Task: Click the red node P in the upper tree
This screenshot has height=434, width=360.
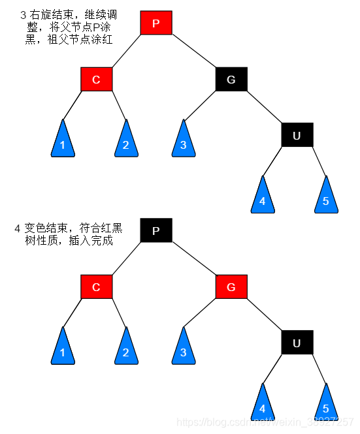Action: (156, 23)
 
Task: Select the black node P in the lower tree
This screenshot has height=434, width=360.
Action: (156, 230)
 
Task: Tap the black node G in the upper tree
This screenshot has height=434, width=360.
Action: (231, 80)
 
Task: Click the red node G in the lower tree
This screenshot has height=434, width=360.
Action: (231, 287)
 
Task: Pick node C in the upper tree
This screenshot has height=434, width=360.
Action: (97, 80)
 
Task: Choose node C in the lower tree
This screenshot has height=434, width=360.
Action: (97, 287)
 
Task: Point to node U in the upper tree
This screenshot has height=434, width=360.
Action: (297, 135)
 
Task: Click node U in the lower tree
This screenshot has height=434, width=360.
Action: (297, 343)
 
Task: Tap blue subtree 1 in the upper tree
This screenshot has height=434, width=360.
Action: (63, 142)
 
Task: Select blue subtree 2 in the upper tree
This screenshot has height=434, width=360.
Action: (126, 142)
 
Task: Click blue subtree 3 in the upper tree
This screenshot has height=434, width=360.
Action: (184, 142)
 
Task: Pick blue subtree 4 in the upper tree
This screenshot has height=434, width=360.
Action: (263, 198)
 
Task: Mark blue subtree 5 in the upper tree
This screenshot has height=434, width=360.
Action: (326, 198)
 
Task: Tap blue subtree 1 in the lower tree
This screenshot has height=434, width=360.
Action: (63, 349)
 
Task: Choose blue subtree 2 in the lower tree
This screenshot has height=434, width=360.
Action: (126, 349)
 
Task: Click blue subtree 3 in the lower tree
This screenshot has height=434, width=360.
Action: (184, 349)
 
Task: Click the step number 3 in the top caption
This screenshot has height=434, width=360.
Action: (24, 14)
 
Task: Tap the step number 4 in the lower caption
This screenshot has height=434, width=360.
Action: (18, 229)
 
